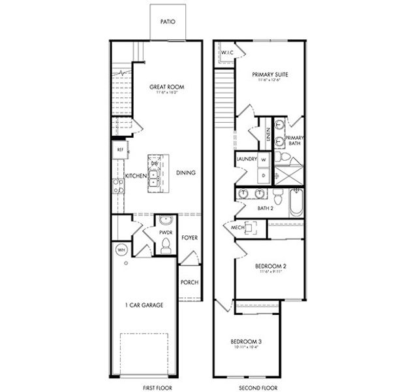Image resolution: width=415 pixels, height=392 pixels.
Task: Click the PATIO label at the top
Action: point(167,21)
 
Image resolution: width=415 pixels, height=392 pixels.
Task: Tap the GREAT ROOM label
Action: point(166,86)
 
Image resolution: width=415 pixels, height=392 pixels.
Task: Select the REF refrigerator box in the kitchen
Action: point(120,150)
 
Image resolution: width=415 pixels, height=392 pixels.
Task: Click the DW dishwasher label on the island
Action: point(155,163)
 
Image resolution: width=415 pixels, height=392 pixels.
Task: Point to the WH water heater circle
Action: point(121,250)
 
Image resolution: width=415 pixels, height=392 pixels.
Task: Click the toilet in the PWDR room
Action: point(164,246)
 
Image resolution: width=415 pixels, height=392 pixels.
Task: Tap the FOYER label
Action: point(189,238)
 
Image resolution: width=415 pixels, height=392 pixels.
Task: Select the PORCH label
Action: point(190,282)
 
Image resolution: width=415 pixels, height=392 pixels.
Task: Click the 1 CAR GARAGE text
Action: point(144,305)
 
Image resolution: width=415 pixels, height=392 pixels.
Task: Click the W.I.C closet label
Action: point(228,52)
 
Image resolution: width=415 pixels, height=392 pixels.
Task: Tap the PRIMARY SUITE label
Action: point(270,74)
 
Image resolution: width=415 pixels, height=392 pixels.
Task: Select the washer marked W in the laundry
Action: point(264,159)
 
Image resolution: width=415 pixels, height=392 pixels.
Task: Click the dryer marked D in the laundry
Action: point(264,175)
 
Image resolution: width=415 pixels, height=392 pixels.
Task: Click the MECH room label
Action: point(237,227)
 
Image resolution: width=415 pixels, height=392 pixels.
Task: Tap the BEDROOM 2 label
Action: point(269,266)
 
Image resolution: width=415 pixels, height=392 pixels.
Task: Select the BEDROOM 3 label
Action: point(247,342)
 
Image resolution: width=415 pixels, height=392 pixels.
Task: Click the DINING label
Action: point(186,173)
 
